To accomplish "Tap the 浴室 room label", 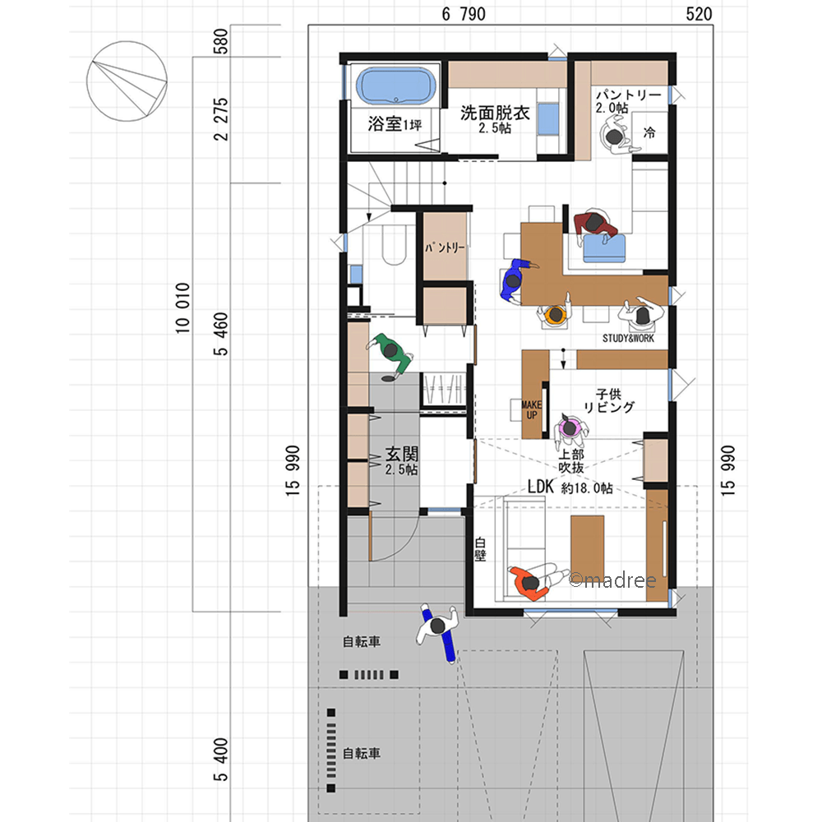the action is (385, 124).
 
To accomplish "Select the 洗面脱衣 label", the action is (495, 113).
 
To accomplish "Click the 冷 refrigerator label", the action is (649, 132).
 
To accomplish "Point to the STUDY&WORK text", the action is (628, 338).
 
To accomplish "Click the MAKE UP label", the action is (532, 410).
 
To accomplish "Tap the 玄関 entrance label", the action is (402, 454).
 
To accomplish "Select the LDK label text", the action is (541, 487).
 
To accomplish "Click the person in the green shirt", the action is (390, 353).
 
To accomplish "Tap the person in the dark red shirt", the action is (595, 226).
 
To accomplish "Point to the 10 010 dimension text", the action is (182, 308).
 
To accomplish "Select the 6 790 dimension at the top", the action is (464, 14).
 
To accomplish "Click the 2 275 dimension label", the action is (221, 119).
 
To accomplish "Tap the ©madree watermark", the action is (612, 580).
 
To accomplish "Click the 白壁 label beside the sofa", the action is (480, 549).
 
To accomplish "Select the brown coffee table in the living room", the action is (587, 547).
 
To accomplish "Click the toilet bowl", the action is (395, 245).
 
